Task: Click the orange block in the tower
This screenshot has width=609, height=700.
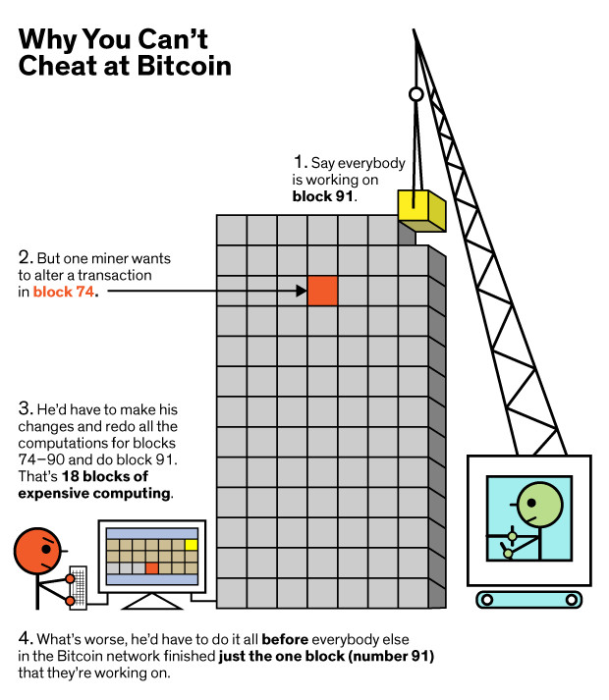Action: click(322, 291)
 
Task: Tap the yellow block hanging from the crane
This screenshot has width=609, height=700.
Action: click(421, 211)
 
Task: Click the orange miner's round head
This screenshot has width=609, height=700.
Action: click(37, 551)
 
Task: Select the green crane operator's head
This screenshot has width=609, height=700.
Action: click(539, 504)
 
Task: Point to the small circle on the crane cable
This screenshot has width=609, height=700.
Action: click(415, 94)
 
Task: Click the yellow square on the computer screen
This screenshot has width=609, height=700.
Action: click(192, 545)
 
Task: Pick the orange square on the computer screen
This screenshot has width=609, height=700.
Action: click(152, 568)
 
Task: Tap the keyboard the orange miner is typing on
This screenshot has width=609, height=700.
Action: click(79, 587)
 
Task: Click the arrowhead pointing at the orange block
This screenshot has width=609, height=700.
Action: click(302, 291)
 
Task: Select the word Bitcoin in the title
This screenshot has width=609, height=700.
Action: click(184, 66)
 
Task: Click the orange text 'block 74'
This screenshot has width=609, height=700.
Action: click(64, 292)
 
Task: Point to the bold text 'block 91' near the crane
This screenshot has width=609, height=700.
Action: click(322, 196)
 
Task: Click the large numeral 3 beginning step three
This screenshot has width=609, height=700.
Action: click(25, 408)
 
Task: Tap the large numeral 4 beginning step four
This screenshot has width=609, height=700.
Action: click(25, 638)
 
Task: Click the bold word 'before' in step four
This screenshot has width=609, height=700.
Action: click(285, 639)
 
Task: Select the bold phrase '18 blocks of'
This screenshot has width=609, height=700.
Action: click(105, 476)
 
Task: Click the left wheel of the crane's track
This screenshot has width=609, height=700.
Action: click(487, 600)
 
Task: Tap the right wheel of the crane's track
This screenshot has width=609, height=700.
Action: click(571, 600)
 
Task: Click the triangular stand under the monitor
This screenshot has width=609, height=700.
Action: click(152, 602)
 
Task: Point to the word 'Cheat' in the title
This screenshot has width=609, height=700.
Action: click(58, 66)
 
